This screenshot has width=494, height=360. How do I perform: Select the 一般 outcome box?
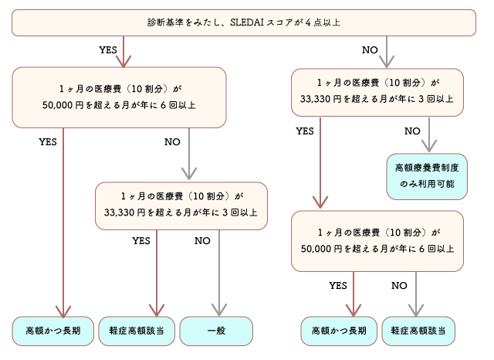tap(216, 330)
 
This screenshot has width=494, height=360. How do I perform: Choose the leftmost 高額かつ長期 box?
tap(53, 330)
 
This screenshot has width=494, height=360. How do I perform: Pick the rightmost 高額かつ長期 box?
tap(338, 330)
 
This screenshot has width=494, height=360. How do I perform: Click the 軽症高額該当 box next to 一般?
tap(136, 330)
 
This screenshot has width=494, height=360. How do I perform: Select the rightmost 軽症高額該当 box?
tap(418, 330)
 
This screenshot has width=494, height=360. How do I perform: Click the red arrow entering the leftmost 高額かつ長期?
tap(63, 305)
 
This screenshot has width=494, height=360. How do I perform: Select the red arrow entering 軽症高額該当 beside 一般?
tap(157, 305)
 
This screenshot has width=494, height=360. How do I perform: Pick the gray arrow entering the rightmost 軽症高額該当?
tap(417, 305)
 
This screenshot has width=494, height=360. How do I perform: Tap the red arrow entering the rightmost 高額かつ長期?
tap(354, 305)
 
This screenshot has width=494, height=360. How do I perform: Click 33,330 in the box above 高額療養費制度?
tap(316, 99)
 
